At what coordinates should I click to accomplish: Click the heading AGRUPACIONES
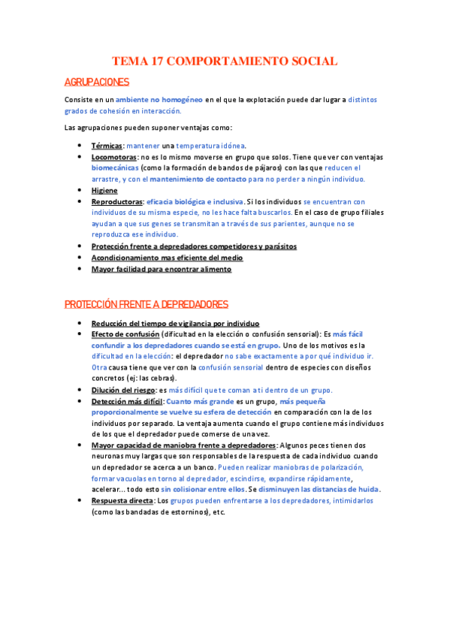97,82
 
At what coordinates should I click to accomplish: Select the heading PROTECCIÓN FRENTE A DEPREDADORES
146,303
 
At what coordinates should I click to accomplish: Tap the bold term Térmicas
107,146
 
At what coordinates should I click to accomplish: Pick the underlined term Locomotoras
113,157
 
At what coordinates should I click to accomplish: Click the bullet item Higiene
104,191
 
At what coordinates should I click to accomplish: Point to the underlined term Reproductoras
117,202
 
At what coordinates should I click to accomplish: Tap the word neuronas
110,456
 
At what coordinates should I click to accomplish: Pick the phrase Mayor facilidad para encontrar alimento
162,268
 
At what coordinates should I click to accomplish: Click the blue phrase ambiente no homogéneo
159,99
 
